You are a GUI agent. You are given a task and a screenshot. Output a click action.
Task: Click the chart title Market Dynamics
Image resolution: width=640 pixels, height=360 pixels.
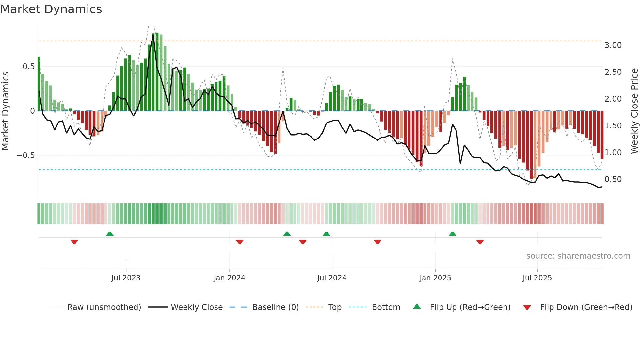click(51, 9)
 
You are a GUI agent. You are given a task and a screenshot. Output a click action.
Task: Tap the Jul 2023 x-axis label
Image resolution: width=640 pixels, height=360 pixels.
click(126, 278)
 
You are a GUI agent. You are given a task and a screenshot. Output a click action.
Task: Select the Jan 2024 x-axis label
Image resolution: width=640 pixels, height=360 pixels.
click(229, 278)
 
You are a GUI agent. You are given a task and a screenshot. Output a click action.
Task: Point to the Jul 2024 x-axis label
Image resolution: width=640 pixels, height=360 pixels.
click(332, 278)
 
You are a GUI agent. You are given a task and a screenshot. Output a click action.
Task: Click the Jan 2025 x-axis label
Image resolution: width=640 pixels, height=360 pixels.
click(435, 278)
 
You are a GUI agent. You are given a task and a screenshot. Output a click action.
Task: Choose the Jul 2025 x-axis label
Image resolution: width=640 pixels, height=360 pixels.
click(537, 278)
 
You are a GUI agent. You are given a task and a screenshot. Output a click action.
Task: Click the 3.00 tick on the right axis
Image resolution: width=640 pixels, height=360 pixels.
click(613, 45)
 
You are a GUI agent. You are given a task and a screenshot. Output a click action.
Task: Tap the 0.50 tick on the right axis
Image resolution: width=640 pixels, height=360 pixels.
click(613, 179)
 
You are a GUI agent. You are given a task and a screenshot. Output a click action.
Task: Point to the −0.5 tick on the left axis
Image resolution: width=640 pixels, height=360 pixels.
click(26, 155)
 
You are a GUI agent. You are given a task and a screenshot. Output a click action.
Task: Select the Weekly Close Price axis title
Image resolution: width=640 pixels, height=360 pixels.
click(634, 111)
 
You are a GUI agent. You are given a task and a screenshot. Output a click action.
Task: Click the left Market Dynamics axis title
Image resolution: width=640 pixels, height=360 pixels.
click(5, 111)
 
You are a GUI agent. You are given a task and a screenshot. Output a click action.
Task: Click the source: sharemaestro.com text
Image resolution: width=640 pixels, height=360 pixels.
click(578, 256)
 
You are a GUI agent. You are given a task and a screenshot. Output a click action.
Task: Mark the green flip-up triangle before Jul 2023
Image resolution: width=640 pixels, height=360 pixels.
click(110, 234)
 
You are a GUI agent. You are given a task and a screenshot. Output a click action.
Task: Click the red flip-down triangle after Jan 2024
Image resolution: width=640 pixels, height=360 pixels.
click(240, 242)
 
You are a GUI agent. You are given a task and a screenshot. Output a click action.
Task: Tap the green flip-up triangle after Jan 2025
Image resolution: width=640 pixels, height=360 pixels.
click(452, 234)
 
